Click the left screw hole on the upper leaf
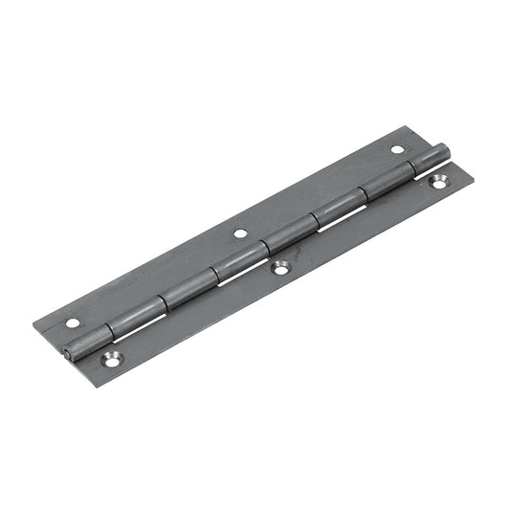(73, 322)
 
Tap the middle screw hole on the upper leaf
(239, 233)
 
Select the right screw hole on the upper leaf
(397, 149)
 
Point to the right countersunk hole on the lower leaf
(440, 179)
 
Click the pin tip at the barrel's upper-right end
(443, 149)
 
